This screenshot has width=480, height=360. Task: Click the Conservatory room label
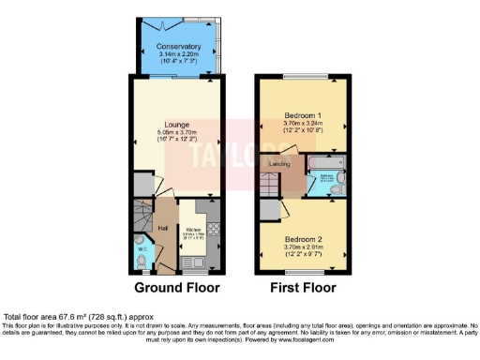[178, 46]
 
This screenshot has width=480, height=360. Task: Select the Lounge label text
[178, 125]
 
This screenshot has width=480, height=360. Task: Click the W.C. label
[142, 249]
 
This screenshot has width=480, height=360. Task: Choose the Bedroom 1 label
[303, 117]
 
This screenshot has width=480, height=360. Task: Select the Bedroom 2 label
[303, 238]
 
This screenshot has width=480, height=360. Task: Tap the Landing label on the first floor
[279, 165]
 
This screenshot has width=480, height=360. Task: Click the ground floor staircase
[141, 221]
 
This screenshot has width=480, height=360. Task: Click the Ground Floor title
[177, 287]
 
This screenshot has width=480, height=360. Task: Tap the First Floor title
[303, 287]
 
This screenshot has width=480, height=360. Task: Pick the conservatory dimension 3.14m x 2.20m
[178, 54]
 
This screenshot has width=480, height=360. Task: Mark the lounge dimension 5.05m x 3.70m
[178, 133]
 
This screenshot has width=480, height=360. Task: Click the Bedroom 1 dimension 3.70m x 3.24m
[303, 126]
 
